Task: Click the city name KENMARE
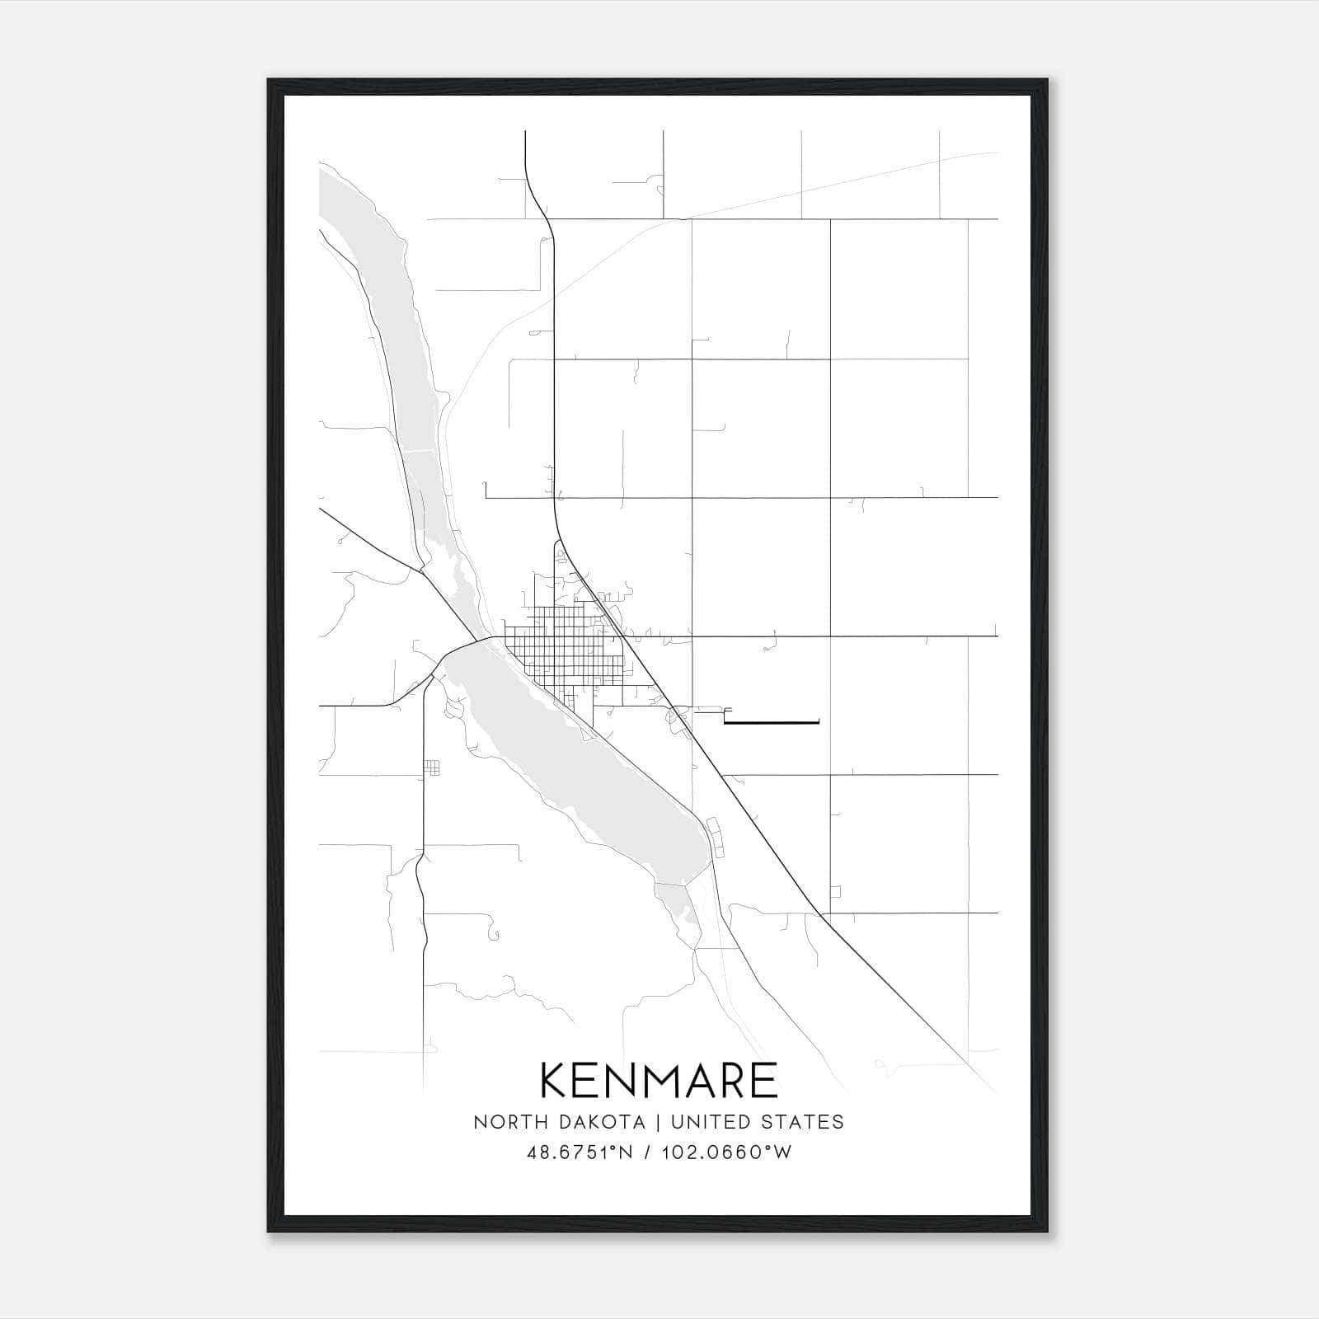(x=659, y=1080)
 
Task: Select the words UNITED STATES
(x=757, y=1122)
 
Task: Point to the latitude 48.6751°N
(x=580, y=1152)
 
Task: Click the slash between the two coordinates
(x=643, y=1152)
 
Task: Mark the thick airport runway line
(x=771, y=723)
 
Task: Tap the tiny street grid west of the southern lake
(x=432, y=768)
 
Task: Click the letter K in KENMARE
(x=554, y=1080)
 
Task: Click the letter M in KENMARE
(x=656, y=1080)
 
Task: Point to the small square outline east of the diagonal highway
(x=835, y=892)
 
